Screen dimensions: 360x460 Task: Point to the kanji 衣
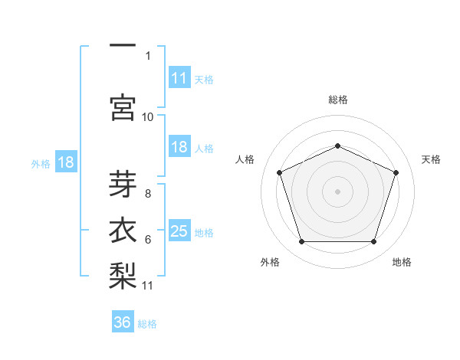pyautogui.click(x=122, y=231)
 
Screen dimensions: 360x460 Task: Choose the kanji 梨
pyautogui.click(x=122, y=275)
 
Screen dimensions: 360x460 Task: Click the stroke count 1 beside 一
pyautogui.click(x=148, y=55)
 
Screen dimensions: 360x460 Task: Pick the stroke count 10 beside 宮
pyautogui.click(x=148, y=116)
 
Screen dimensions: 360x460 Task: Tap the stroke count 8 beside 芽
pyautogui.click(x=148, y=194)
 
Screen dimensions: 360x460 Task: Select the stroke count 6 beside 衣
pyautogui.click(x=148, y=240)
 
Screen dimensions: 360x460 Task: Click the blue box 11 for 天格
pyautogui.click(x=179, y=77)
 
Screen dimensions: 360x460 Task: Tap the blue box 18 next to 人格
pyautogui.click(x=179, y=147)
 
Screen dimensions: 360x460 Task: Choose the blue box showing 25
pyautogui.click(x=179, y=231)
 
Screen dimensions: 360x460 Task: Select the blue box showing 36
pyautogui.click(x=123, y=322)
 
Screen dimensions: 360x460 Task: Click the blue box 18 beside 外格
pyautogui.click(x=66, y=162)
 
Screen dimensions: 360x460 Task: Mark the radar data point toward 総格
pyautogui.click(x=337, y=146)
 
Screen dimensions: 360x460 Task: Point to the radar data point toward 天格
pyautogui.click(x=396, y=172)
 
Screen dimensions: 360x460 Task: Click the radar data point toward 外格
pyautogui.click(x=301, y=242)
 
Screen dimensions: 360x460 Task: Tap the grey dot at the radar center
pyautogui.click(x=337, y=191)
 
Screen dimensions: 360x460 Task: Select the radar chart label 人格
pyautogui.click(x=245, y=159)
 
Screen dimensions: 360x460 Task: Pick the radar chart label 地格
pyautogui.click(x=402, y=262)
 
